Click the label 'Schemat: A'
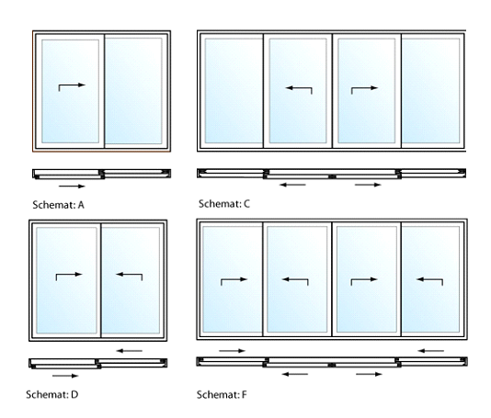tap(58, 205)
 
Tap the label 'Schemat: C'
tap(224, 204)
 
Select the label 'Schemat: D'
tap(52, 394)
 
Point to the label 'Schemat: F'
tap(222, 394)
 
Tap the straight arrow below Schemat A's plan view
tap(72, 186)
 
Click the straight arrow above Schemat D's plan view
tap(129, 351)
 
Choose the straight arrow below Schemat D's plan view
tap(65, 376)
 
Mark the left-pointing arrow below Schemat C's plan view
tap(292, 185)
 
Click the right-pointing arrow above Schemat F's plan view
tap(232, 351)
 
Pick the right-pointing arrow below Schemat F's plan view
tap(370, 374)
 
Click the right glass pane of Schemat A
tap(133, 91)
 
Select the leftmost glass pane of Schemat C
tap(234, 91)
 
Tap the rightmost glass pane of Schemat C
tap(430, 91)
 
